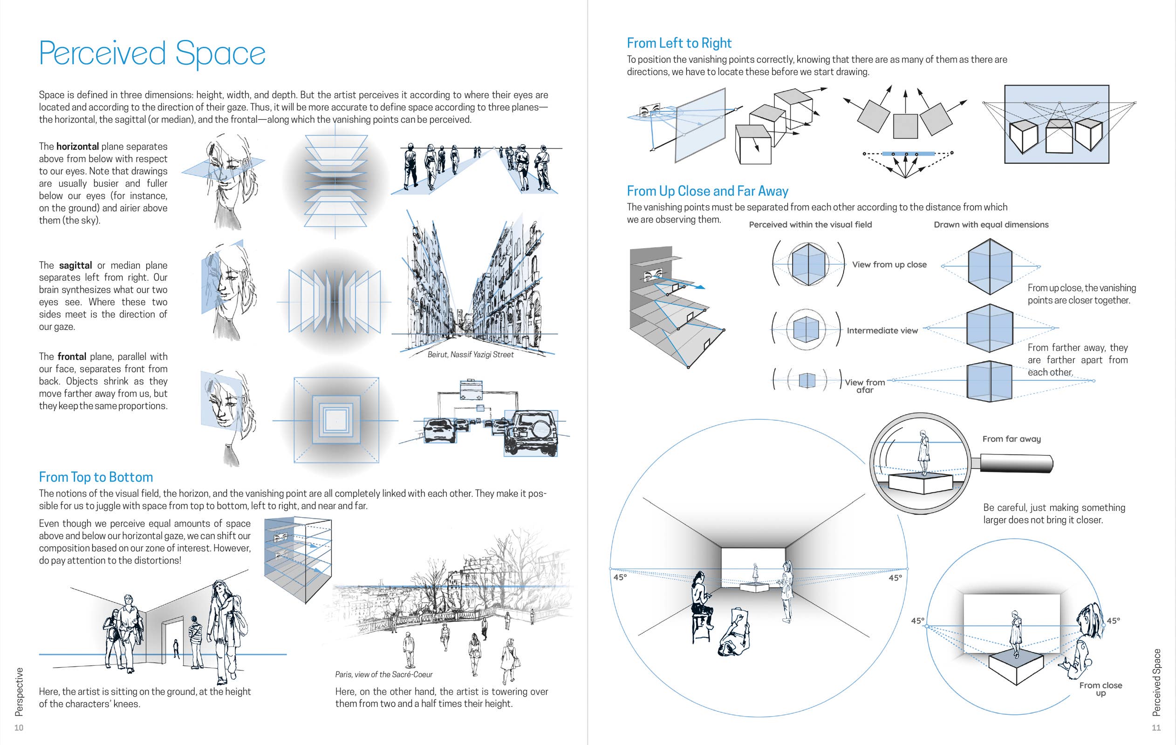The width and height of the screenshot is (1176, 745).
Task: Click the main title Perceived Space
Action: pos(152,53)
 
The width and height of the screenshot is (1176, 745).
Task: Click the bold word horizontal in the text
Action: pos(78,147)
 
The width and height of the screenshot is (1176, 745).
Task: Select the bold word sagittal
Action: pos(75,265)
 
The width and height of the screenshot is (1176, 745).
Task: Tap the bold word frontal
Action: pos(72,356)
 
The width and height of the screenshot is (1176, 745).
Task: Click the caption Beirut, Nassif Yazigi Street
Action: pos(470,354)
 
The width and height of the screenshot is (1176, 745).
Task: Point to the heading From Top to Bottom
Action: pos(96,477)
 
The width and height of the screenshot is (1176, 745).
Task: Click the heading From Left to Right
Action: pos(679,43)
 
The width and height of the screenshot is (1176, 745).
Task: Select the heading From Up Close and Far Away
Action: pos(707,191)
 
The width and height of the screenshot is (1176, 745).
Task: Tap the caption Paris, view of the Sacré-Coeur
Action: pos(384,674)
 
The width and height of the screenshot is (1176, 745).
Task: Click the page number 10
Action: pos(19,727)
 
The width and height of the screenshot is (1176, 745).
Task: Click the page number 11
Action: pos(1156,727)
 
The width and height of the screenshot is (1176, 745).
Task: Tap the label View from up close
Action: pos(889,264)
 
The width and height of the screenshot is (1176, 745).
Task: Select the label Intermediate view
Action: pos(882,331)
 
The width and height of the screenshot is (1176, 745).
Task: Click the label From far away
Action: pos(1012,439)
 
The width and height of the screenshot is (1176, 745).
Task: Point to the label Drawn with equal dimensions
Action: pos(991,224)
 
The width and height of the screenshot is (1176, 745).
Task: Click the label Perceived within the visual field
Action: pos(810,224)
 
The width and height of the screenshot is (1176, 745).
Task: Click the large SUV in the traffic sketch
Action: pos(531,433)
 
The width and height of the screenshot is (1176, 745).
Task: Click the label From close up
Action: pos(1101,688)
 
